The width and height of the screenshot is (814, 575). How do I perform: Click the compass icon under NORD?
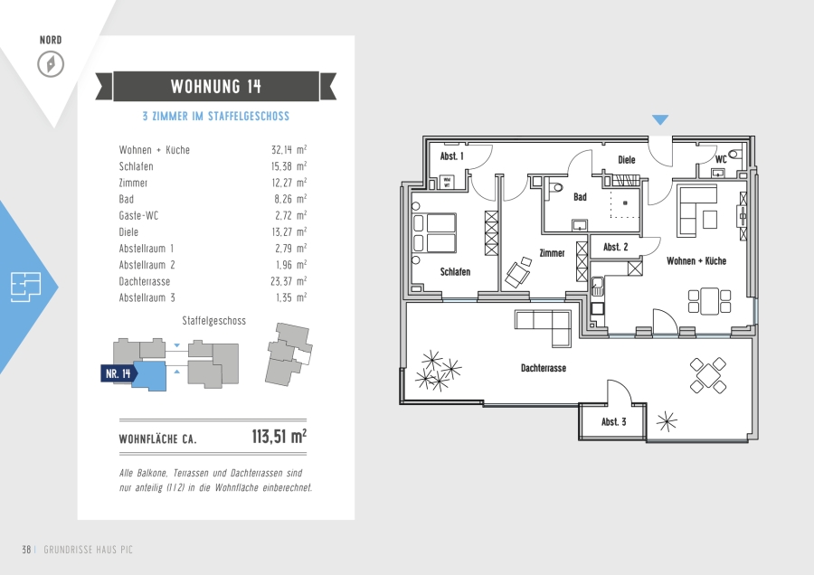coord(51,64)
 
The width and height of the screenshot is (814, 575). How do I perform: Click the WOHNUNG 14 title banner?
coord(216,86)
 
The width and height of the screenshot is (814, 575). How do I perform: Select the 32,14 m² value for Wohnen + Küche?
coord(289,150)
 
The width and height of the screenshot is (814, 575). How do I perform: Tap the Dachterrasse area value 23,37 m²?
coord(289,281)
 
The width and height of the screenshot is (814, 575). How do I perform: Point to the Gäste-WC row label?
coord(138,215)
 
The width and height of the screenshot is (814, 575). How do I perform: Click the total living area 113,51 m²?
coord(279,437)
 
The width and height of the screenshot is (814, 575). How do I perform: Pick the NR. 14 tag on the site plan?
coord(118,373)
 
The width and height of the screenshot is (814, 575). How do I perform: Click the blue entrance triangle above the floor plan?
coord(660,120)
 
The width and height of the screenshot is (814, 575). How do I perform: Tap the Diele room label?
coord(627,160)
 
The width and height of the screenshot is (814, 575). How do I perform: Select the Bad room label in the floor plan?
coord(580,197)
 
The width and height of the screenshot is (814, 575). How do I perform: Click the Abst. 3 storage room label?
coord(613,422)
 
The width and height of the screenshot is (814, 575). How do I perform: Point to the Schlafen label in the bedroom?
coord(455,271)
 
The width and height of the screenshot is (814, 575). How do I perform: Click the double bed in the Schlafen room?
coord(434,233)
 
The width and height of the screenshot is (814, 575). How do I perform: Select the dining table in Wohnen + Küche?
coord(709,301)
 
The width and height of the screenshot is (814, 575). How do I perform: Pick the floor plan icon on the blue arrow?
coord(26,287)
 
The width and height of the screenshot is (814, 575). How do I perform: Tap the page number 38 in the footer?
coord(26,550)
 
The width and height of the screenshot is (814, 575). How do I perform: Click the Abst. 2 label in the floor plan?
coord(615,247)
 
